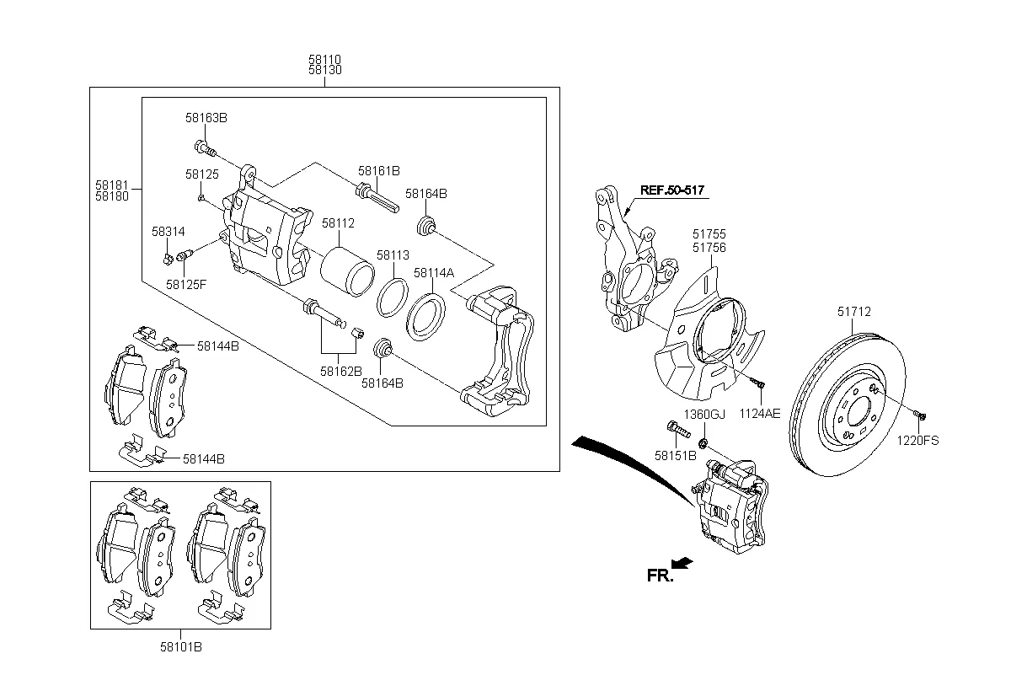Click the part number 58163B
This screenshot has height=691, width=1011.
click(x=206, y=118)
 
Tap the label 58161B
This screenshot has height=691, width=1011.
click(x=378, y=170)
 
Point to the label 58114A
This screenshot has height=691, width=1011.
click(x=433, y=272)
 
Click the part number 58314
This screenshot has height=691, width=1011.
click(x=168, y=231)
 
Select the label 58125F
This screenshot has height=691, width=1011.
click(x=185, y=285)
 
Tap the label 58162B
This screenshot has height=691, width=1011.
click(x=340, y=371)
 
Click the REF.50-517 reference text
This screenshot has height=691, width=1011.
click(x=671, y=190)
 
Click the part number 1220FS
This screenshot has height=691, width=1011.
click(x=917, y=440)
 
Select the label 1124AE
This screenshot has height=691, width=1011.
click(x=760, y=414)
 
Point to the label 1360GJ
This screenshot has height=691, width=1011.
click(x=703, y=415)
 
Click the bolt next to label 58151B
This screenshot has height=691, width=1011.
click(x=677, y=430)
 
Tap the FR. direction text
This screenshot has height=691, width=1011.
click(x=660, y=576)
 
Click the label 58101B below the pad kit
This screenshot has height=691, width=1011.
click(x=181, y=647)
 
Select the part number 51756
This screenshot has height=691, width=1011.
click(x=709, y=248)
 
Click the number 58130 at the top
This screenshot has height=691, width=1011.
click(x=324, y=71)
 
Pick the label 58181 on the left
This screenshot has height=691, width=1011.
click(x=111, y=183)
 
